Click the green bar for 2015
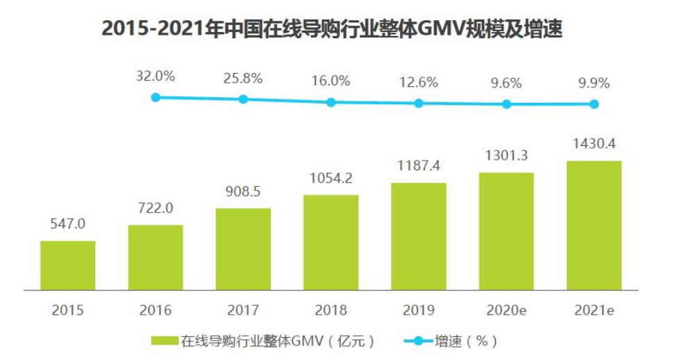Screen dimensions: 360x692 (67, 265)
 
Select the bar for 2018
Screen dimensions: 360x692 (331, 242)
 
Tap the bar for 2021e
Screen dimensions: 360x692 (594, 225)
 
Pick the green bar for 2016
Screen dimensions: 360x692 (155, 257)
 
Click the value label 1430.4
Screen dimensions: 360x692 (594, 145)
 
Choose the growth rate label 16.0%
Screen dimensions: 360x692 (331, 81)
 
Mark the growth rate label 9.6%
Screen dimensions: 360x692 (506, 83)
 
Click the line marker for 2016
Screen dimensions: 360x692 (156, 97)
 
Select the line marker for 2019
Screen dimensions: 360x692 (419, 103)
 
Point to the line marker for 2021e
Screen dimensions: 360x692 (594, 104)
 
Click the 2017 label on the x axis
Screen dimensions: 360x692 (243, 310)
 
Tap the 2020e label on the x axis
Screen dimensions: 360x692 (506, 310)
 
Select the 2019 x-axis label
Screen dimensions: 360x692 (419, 310)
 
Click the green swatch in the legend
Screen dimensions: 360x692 (164, 341)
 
